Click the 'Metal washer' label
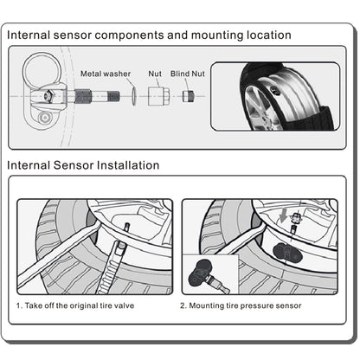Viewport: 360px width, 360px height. tap(106, 74)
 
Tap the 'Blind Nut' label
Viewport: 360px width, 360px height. tap(188, 74)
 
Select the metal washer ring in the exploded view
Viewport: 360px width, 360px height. tap(134, 96)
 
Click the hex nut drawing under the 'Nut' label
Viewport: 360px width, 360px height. tap(159, 96)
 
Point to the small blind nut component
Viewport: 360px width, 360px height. tap(188, 96)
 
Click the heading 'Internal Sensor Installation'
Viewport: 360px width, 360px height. tap(83, 165)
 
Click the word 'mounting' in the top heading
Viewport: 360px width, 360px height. tap(217, 35)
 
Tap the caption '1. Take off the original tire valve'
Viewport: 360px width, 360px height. tap(75, 305)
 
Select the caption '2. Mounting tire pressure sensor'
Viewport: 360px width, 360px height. tap(241, 305)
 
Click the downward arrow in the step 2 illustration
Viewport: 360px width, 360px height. tap(284, 215)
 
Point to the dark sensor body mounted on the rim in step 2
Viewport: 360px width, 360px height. tap(287, 253)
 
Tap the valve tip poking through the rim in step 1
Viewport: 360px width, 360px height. tap(126, 228)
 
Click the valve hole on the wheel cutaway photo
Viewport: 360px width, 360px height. tap(276, 91)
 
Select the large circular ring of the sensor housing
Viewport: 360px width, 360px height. tap(42, 70)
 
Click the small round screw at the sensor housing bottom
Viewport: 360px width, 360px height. tap(45, 118)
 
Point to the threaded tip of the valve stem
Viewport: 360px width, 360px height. tap(113, 96)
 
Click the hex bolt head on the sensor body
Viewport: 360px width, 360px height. tap(46, 95)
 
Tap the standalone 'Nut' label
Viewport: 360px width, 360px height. tap(155, 74)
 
